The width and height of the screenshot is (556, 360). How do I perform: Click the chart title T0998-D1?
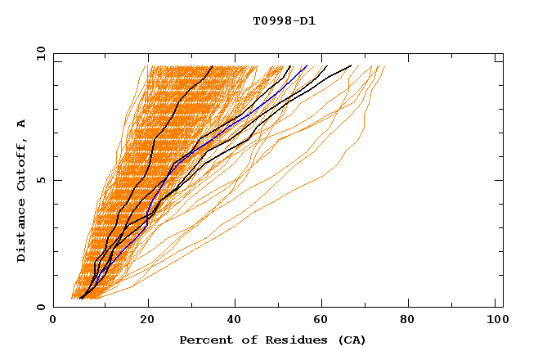tap(284, 20)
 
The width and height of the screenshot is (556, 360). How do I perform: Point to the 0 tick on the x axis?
tap(53, 320)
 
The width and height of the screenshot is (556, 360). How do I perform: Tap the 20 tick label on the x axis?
tap(146, 320)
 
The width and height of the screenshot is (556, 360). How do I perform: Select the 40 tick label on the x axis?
tap(235, 320)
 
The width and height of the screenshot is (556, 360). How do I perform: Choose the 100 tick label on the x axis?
tap(496, 320)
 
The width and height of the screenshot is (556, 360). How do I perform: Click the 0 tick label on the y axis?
tap(39, 307)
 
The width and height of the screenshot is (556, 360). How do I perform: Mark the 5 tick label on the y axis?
tap(39, 180)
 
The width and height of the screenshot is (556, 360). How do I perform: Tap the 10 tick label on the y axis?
tap(37, 53)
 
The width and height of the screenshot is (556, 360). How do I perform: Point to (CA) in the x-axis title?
tap(351, 340)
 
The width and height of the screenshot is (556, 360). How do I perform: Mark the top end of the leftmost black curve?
tap(213, 65)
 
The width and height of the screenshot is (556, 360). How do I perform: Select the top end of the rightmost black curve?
tap(352, 65)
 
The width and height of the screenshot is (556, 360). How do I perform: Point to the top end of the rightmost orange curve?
tap(384, 65)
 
